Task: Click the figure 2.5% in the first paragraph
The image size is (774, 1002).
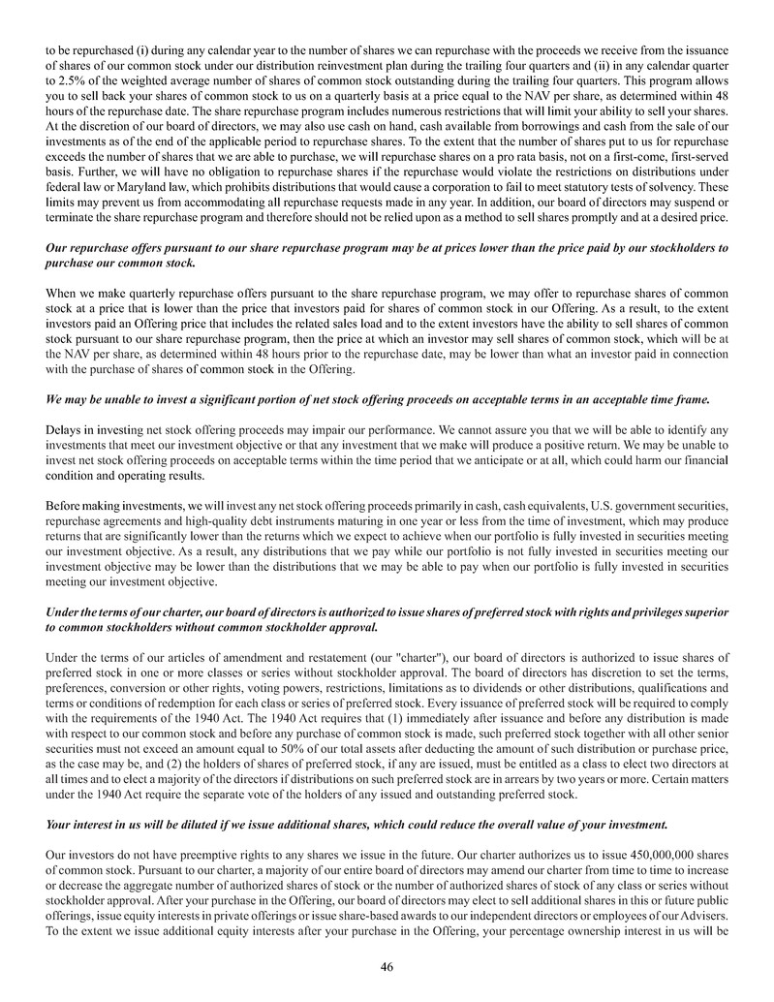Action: [61, 82]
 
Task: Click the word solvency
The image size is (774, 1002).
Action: [692, 186]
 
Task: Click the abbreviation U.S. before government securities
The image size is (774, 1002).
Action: [573, 506]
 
